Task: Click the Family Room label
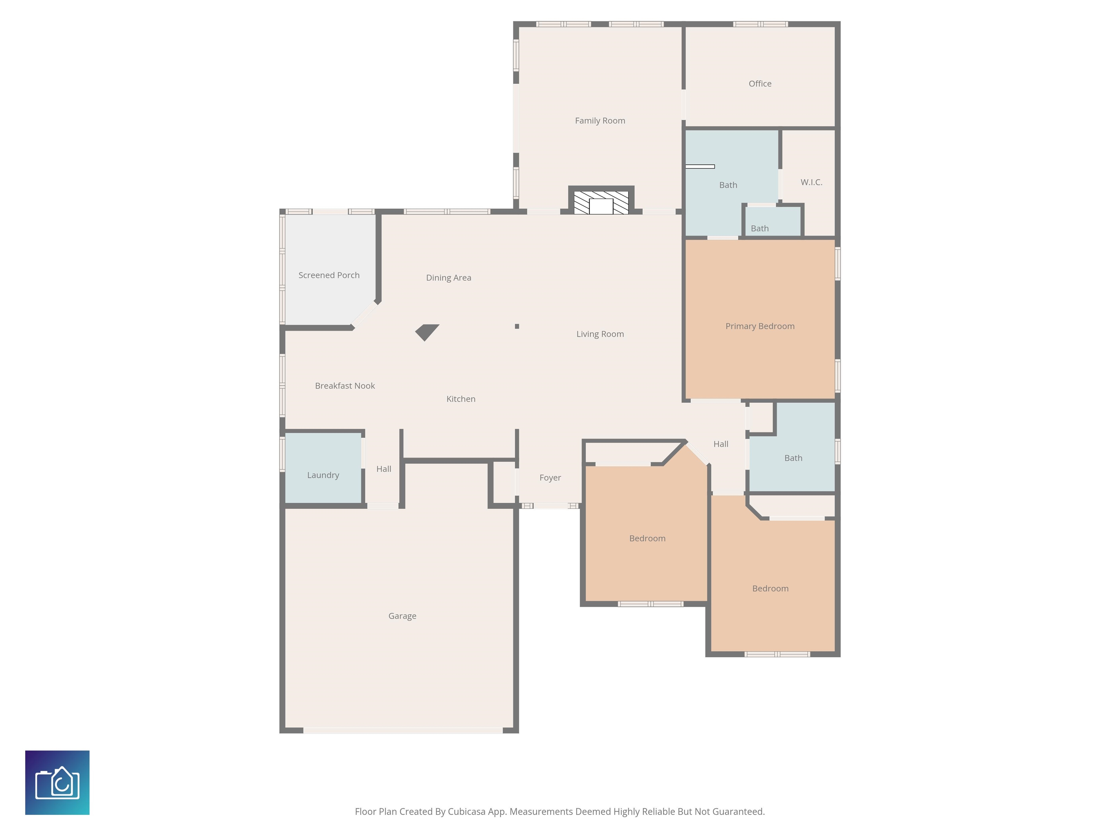pyautogui.click(x=600, y=121)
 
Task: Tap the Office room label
pyautogui.click(x=760, y=83)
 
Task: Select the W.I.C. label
pyautogui.click(x=811, y=182)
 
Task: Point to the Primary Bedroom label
pyautogui.click(x=760, y=326)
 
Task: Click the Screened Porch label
pyautogui.click(x=329, y=275)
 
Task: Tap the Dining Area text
pyautogui.click(x=448, y=278)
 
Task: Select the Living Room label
pyautogui.click(x=600, y=334)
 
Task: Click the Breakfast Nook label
pyautogui.click(x=345, y=386)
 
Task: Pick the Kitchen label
pyautogui.click(x=461, y=399)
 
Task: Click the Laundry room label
pyautogui.click(x=323, y=475)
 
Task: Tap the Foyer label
pyautogui.click(x=550, y=478)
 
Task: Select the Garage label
pyautogui.click(x=402, y=616)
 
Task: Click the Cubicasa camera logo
pyautogui.click(x=57, y=783)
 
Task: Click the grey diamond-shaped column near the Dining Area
pyautogui.click(x=427, y=332)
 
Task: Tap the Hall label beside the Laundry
pyautogui.click(x=384, y=469)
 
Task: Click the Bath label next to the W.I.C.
pyautogui.click(x=728, y=185)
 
